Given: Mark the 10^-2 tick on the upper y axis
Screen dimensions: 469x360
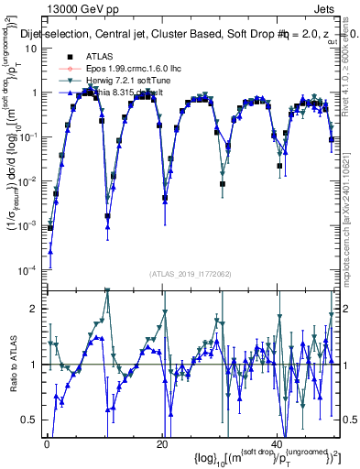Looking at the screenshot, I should click(27, 180).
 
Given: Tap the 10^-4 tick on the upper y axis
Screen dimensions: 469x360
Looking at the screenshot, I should click(27, 269).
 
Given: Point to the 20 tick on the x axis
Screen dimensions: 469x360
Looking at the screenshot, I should click(161, 444).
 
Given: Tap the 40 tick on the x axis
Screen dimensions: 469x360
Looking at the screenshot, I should click(277, 444).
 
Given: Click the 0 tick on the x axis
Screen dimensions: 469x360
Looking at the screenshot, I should click(47, 444).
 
